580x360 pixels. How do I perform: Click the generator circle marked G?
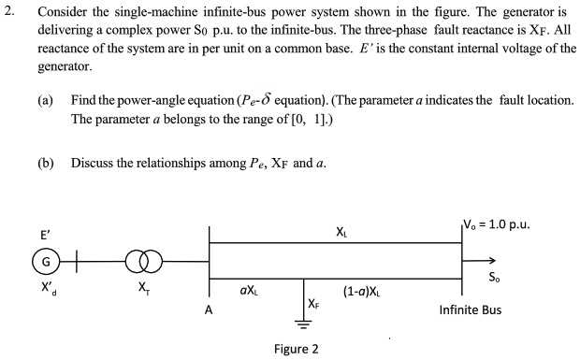tap(43, 259)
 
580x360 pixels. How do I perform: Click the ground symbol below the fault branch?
tap(303, 324)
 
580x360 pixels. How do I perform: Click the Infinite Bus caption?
tap(471, 310)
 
